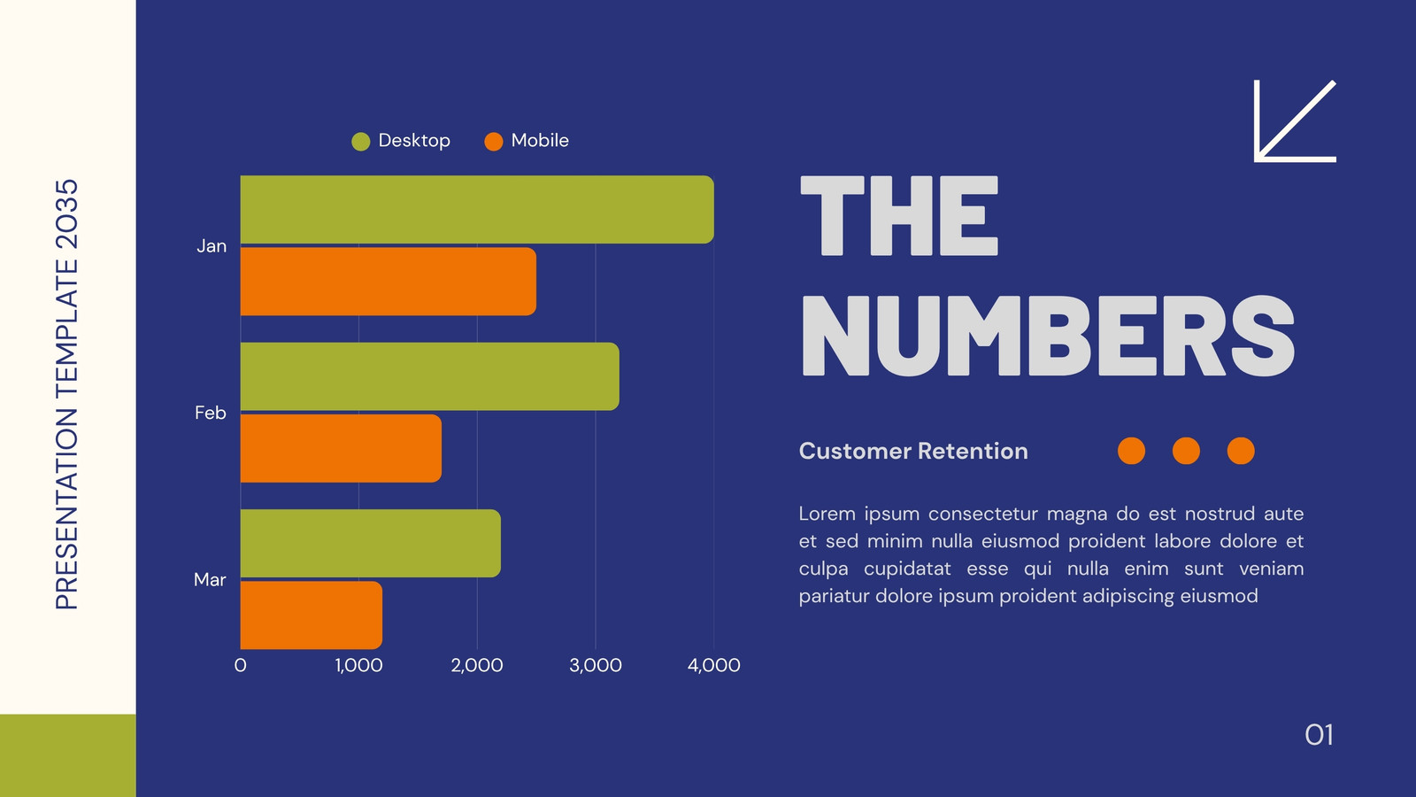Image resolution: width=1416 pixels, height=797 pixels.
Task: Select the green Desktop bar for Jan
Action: click(x=477, y=209)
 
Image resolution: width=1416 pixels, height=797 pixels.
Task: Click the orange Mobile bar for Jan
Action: click(x=389, y=282)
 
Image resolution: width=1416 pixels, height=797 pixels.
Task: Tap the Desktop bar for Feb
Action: click(x=430, y=376)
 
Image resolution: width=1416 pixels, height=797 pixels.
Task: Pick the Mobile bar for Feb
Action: click(x=341, y=448)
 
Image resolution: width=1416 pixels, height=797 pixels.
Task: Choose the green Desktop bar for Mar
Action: click(x=371, y=544)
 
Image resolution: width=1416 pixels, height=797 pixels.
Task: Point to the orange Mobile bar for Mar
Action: click(x=311, y=615)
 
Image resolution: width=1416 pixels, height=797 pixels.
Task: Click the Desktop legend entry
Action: click(x=401, y=141)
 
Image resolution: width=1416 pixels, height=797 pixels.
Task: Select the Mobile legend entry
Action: click(x=527, y=141)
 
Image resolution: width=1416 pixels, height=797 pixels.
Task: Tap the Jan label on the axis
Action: click(x=212, y=246)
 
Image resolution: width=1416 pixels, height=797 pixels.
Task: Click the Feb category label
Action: click(x=210, y=413)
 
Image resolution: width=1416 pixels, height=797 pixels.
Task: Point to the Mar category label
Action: click(x=209, y=580)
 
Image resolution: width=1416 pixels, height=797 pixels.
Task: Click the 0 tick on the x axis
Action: click(x=240, y=665)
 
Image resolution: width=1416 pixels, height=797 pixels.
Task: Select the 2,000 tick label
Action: click(x=477, y=665)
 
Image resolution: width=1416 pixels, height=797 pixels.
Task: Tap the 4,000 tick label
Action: click(x=713, y=665)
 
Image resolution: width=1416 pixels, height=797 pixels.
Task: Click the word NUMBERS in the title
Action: click(x=1048, y=336)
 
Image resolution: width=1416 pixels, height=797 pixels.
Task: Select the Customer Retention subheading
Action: click(x=913, y=451)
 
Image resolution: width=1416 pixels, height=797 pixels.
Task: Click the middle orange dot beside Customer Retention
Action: click(x=1186, y=451)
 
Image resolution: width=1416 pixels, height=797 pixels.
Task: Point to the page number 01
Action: click(x=1320, y=735)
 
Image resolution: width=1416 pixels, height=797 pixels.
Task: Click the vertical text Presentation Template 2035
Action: click(x=66, y=394)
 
